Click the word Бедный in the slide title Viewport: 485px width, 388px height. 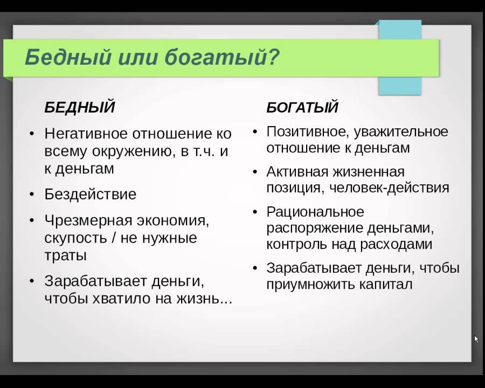pyautogui.click(x=68, y=57)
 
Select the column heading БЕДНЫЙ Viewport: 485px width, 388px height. pyautogui.click(x=80, y=107)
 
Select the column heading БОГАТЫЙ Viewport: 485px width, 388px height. pyautogui.click(x=302, y=107)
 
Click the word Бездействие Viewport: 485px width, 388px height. pyautogui.click(x=91, y=195)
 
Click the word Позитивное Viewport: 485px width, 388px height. pyautogui.click(x=308, y=132)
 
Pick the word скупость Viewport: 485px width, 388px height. pyautogui.click(x=75, y=238)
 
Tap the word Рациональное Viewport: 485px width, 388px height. pyautogui.click(x=315, y=212)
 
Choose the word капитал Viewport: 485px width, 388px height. pyautogui.click(x=386, y=284)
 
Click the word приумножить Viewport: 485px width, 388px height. pyautogui.click(x=310, y=285)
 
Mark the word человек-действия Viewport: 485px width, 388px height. pyautogui.click(x=389, y=188)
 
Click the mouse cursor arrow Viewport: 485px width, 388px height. pyautogui.click(x=476, y=339)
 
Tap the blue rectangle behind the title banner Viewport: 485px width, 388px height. pyautogui.click(x=400, y=85)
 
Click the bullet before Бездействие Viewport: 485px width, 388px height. pyautogui.click(x=32, y=195)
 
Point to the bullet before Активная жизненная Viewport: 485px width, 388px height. pyautogui.click(x=255, y=172)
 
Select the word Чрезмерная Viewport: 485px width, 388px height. pyautogui.click(x=88, y=220)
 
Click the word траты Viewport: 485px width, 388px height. pyautogui.click(x=65, y=255)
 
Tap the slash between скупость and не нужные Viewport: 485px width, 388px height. pyautogui.click(x=114, y=238)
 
